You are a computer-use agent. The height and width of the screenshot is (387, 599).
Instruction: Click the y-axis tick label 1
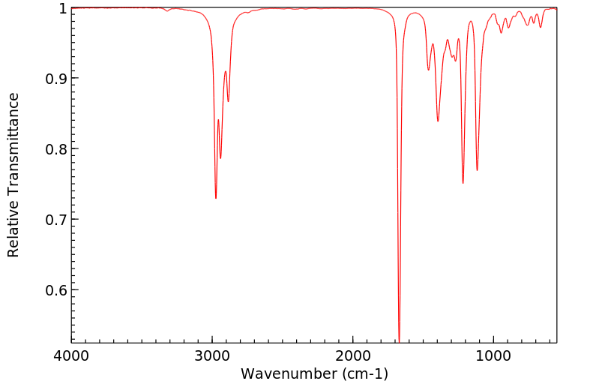[x=61, y=8]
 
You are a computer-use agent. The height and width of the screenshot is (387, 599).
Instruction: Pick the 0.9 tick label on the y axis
[x=55, y=79]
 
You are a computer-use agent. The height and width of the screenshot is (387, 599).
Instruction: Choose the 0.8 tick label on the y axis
[x=55, y=149]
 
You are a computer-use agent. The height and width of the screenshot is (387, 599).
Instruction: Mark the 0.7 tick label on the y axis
[x=55, y=220]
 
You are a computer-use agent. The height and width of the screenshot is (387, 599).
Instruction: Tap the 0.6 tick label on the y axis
[x=55, y=290]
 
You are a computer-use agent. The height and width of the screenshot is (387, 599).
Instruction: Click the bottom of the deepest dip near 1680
[x=399, y=341]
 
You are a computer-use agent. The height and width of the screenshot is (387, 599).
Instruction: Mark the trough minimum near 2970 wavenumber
[x=216, y=198]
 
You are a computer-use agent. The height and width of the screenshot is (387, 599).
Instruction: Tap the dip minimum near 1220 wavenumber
[x=463, y=182]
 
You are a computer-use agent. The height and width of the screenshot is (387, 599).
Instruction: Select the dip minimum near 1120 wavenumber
[x=477, y=170]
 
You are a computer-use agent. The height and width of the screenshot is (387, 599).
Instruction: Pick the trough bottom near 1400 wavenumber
[x=438, y=121]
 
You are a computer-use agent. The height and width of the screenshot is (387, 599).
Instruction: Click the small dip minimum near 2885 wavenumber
[x=228, y=101]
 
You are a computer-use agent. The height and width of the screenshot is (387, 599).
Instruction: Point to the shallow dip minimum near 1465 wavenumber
[x=428, y=70]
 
